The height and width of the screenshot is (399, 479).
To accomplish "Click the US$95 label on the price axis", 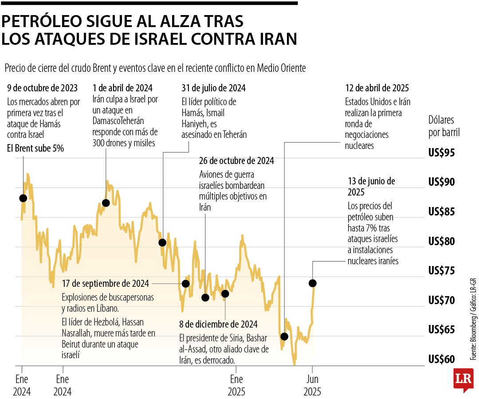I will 441,153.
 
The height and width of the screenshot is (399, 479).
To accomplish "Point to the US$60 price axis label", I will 441,359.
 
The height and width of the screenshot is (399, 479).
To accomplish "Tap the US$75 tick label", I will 441,271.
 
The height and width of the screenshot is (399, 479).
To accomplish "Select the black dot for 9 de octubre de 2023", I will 23,198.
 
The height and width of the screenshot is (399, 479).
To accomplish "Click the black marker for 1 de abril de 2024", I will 106,203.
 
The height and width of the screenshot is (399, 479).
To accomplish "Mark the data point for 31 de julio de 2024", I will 162,243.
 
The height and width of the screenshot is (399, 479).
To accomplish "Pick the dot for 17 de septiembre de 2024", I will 186,283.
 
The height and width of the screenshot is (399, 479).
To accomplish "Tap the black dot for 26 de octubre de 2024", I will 205,297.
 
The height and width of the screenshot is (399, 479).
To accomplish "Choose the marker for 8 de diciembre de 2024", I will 225,293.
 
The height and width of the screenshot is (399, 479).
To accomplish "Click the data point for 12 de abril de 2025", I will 284,336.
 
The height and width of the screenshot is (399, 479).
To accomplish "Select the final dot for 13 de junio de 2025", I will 313,283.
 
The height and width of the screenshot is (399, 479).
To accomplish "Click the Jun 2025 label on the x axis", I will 312,386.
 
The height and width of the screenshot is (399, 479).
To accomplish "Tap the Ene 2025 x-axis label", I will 236,386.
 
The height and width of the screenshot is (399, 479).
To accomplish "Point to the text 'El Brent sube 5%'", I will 35,149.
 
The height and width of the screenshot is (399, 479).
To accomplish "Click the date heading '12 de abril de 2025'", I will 377,88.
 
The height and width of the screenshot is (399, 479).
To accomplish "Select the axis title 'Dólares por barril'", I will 444,126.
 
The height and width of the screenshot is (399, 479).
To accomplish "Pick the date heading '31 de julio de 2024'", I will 213,88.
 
